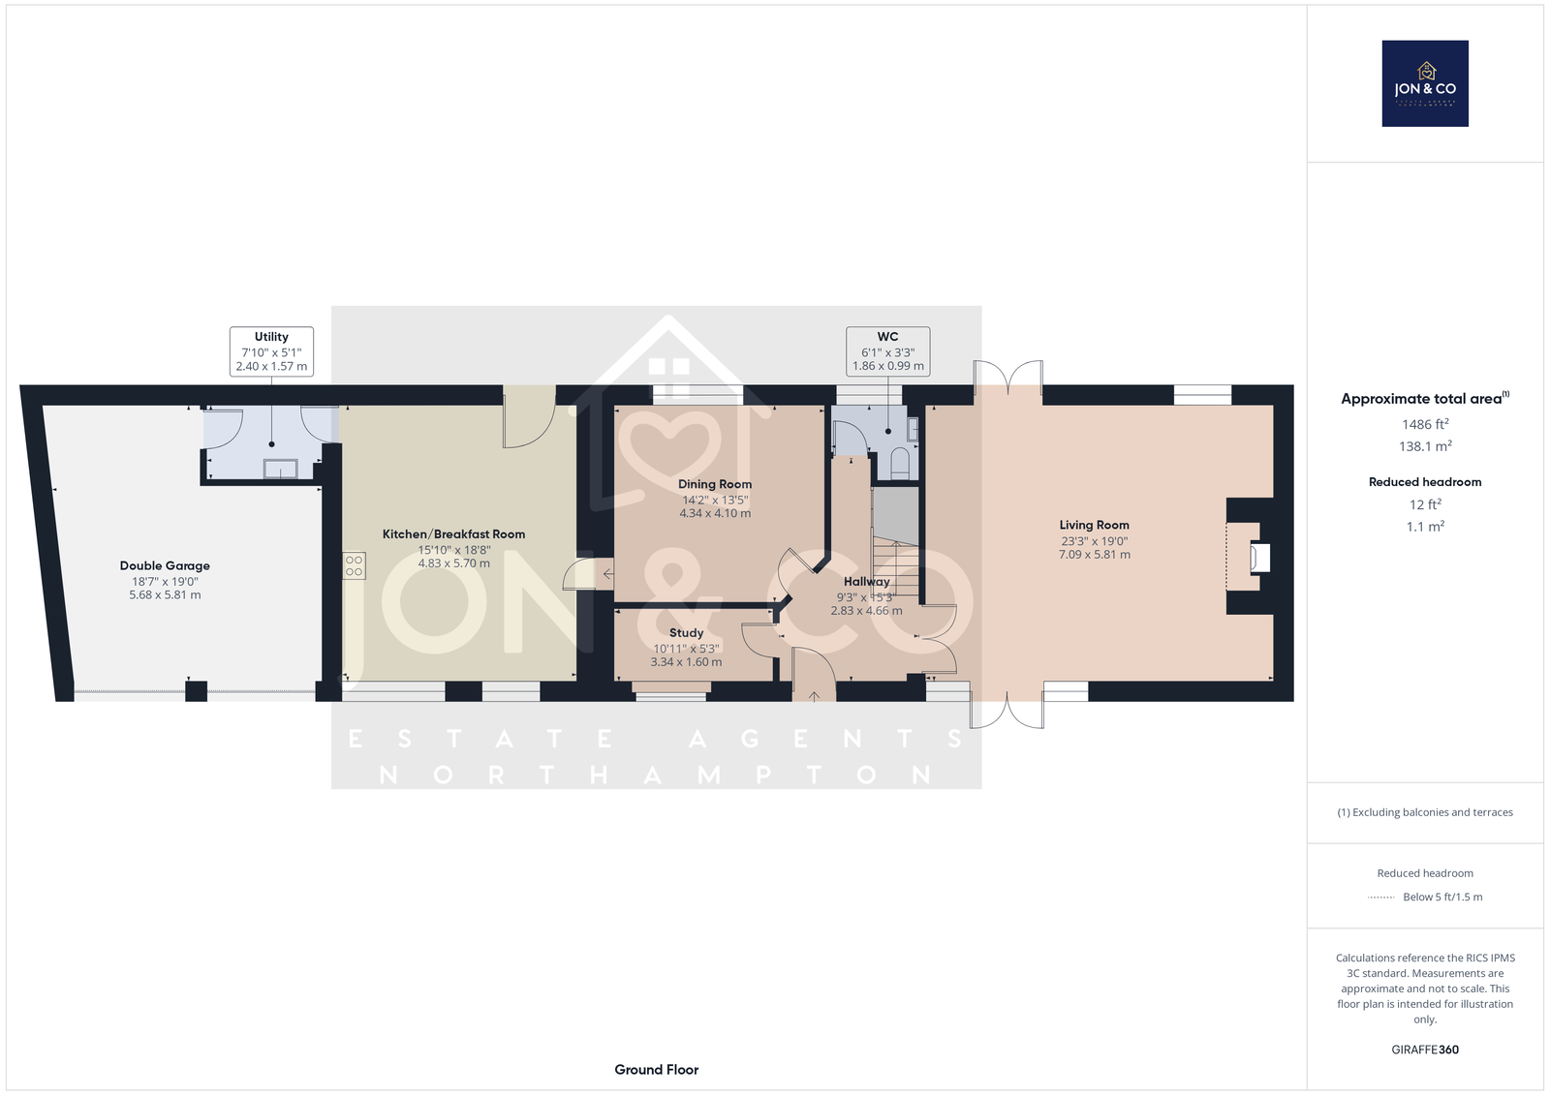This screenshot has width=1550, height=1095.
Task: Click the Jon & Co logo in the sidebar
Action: point(1425,83)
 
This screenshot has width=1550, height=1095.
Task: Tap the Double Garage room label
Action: point(165,565)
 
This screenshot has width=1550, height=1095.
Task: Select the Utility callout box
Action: point(271,351)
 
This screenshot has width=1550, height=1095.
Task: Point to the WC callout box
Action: point(887,351)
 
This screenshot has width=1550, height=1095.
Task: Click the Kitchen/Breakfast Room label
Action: point(454,534)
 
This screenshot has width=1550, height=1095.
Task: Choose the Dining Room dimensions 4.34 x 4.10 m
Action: point(715,513)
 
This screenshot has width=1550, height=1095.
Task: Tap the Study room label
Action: point(687,633)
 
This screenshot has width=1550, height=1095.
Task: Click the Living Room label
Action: point(1094,525)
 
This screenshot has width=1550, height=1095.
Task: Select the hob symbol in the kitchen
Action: point(355,565)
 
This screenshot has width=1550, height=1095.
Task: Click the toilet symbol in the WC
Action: point(900,464)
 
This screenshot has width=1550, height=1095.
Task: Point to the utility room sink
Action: point(280,469)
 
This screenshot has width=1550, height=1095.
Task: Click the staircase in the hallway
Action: point(896,567)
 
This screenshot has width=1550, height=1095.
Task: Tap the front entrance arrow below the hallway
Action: point(814,696)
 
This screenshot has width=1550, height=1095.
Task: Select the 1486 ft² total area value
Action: point(1425,424)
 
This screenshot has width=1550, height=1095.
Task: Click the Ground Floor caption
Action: point(657,1070)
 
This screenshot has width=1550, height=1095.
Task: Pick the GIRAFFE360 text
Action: point(1425,1049)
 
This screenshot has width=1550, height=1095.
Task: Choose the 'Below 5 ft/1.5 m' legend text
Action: point(1442,897)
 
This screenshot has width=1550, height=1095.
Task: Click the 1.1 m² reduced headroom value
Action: point(1425,527)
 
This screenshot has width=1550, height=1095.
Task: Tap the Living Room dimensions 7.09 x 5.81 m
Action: point(1095,554)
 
